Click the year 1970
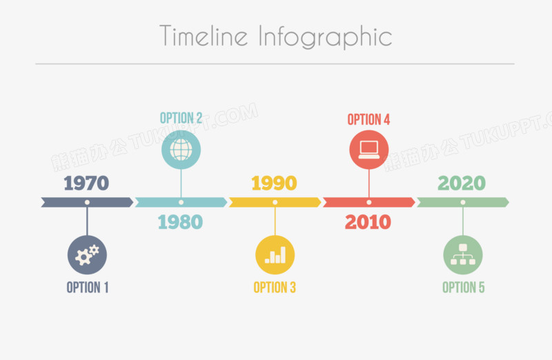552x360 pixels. [86, 183]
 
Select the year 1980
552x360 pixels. [180, 222]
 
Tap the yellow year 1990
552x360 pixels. [274, 183]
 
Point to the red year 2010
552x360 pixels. [368, 222]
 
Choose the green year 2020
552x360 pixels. [462, 183]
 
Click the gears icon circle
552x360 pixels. [88, 254]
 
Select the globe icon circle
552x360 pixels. [181, 150]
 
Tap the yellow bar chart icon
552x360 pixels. [275, 254]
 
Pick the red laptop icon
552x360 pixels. [369, 150]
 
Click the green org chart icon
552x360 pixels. [463, 254]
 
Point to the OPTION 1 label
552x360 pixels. [88, 288]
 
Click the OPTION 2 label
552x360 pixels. [181, 118]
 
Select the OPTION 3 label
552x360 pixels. [275, 288]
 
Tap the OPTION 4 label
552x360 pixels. [368, 119]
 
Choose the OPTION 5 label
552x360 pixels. [463, 288]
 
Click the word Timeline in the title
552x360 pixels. [204, 36]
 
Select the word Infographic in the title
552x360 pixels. [325, 37]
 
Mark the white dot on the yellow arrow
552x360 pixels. [275, 202]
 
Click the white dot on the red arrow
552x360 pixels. [369, 202]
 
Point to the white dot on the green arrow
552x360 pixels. [463, 202]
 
